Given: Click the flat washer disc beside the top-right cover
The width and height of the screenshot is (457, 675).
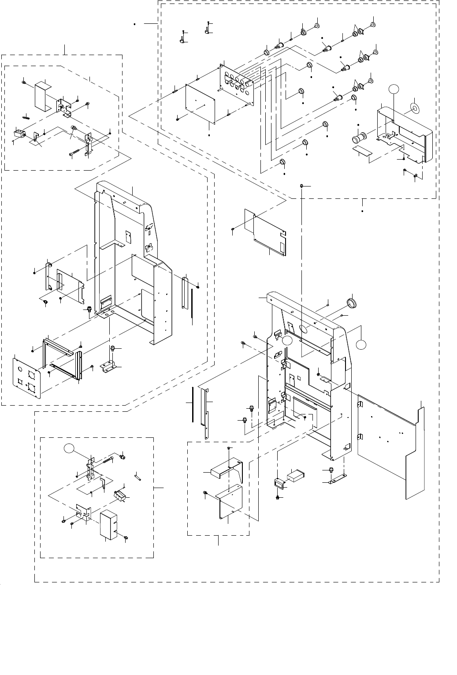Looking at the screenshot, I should click(415, 108).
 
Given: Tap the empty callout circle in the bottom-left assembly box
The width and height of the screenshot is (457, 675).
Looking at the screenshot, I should click(68, 449).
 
